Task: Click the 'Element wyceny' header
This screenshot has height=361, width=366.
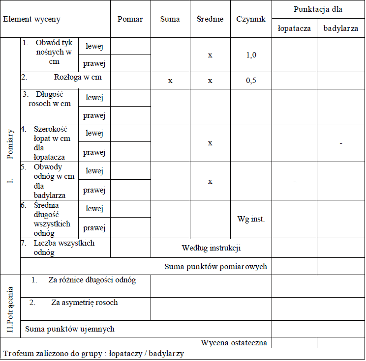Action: [32, 19]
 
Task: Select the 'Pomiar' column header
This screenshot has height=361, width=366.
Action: [130, 19]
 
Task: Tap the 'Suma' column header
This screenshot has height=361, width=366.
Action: [170, 19]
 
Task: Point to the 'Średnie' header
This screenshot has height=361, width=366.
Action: [210, 19]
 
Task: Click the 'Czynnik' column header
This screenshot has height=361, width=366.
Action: [251, 19]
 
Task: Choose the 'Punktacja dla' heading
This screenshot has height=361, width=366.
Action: [318, 9]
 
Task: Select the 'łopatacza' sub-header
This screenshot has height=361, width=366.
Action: [294, 28]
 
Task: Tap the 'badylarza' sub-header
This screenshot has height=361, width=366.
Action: [341, 28]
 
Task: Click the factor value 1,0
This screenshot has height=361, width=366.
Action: [251, 55]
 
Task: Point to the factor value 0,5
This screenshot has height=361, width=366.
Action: [251, 81]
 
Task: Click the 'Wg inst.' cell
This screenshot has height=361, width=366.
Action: [251, 219]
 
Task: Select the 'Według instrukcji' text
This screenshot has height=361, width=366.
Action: [211, 248]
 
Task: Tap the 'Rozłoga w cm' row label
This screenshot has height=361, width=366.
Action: [79, 77]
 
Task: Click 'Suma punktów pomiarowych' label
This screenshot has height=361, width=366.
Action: [216, 267]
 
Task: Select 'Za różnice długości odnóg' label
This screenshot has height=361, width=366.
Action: [92, 280]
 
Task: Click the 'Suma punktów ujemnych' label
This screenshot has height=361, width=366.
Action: [70, 329]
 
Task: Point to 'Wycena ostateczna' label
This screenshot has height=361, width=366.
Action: [234, 342]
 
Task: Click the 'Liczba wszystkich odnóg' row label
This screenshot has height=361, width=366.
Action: [64, 248]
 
